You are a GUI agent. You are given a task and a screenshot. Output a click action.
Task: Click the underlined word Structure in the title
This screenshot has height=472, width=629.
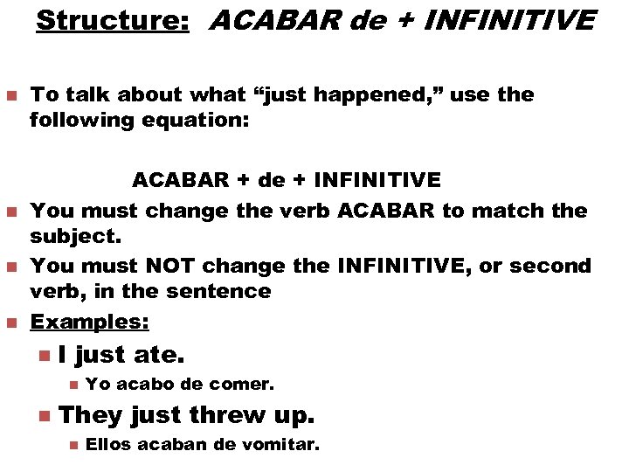point(112,20)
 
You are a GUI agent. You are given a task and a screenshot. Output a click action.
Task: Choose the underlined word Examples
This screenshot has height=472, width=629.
point(89,322)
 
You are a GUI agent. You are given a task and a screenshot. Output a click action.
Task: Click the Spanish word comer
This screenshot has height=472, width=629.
point(249,384)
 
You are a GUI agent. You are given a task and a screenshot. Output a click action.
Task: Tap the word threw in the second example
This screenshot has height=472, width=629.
point(233,414)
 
